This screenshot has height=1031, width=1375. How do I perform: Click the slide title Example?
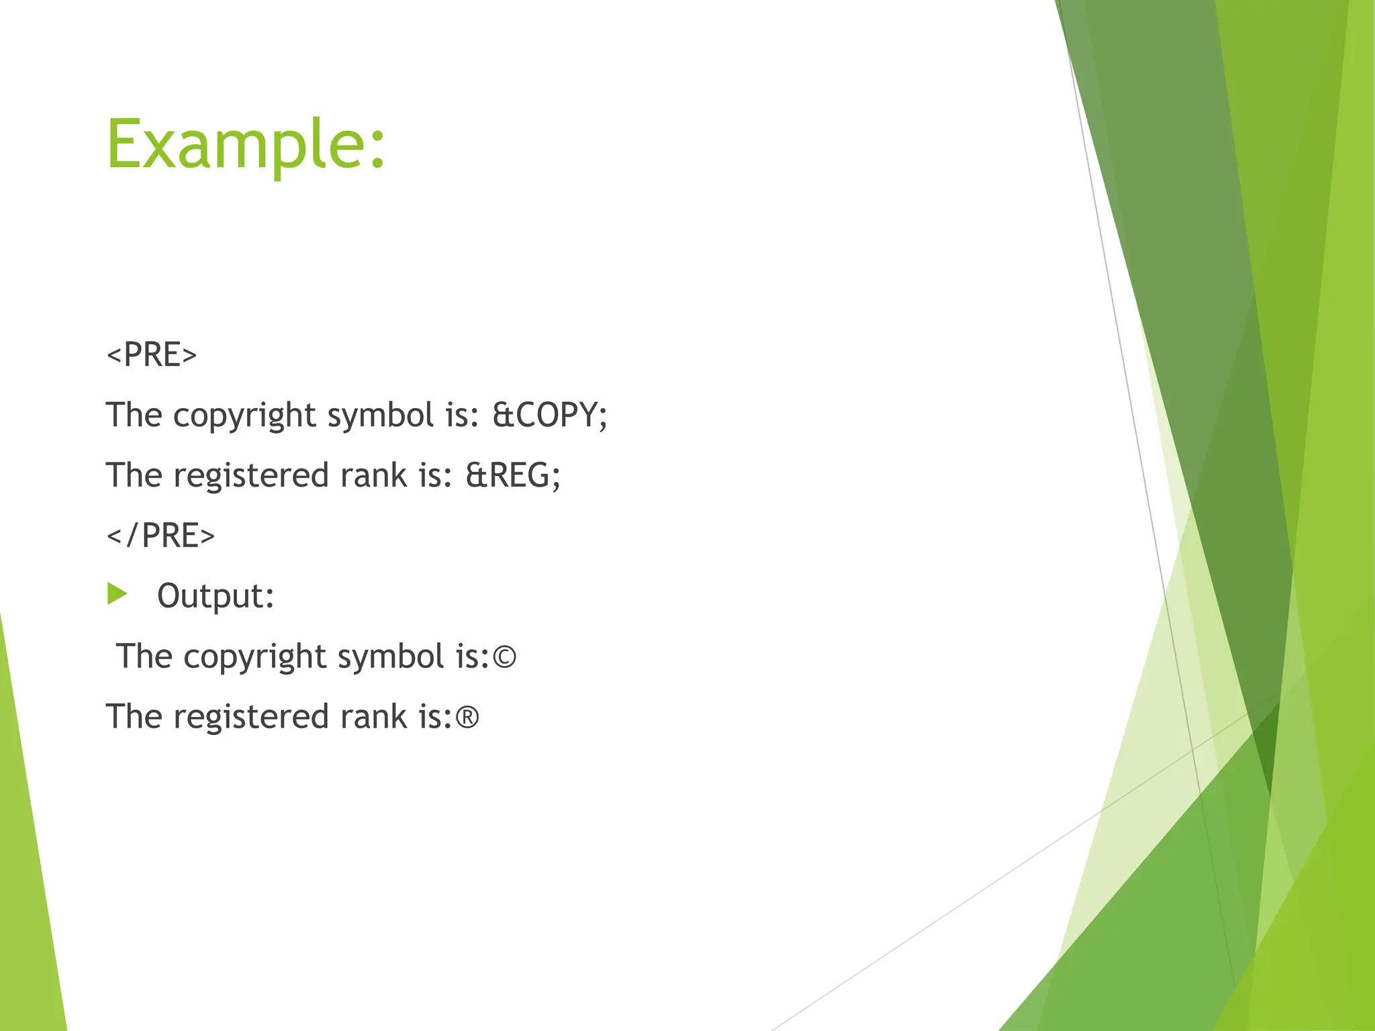(x=246, y=144)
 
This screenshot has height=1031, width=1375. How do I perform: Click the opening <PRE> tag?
(x=152, y=354)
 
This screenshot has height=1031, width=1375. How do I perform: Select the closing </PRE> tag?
(x=160, y=536)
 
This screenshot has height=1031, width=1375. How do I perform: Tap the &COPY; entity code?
(x=550, y=415)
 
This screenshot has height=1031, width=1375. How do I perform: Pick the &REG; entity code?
(x=513, y=475)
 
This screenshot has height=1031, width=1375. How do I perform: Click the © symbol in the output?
(x=504, y=657)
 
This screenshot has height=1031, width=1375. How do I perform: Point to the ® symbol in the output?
(x=467, y=718)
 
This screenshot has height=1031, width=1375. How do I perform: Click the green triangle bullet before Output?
(x=117, y=593)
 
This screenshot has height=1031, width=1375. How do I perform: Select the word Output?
(x=216, y=596)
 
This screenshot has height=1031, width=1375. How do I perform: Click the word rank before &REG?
(x=373, y=475)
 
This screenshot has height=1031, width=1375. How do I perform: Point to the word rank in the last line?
(x=373, y=717)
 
